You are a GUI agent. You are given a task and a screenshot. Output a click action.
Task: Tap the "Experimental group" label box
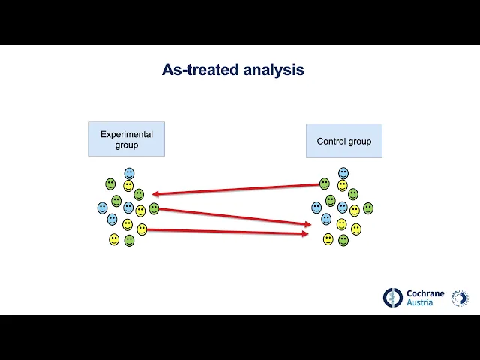(127, 139)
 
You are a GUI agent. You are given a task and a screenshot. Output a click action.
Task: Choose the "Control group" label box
(343, 141)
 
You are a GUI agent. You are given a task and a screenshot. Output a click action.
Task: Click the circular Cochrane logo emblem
(393, 298)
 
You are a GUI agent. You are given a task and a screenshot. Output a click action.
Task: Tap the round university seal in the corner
(460, 298)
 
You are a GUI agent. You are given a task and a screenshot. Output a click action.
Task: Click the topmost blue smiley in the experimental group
(129, 173)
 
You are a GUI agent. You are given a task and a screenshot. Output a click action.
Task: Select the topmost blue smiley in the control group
(343, 173)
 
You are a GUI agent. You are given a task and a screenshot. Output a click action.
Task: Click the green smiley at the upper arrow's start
(325, 184)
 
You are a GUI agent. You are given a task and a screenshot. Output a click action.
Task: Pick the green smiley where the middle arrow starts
(154, 208)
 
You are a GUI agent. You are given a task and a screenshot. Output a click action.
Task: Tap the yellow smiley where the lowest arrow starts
(142, 229)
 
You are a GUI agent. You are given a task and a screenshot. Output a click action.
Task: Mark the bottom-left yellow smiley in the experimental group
(114, 239)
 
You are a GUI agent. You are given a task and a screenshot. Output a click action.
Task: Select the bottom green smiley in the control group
(343, 240)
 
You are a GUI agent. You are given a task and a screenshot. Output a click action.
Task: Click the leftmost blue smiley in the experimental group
(103, 208)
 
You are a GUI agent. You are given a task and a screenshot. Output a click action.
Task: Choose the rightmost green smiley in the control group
(368, 208)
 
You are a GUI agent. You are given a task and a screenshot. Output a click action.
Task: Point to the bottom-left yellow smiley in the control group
(328, 239)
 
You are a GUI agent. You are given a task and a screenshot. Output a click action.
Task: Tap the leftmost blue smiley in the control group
(316, 208)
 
